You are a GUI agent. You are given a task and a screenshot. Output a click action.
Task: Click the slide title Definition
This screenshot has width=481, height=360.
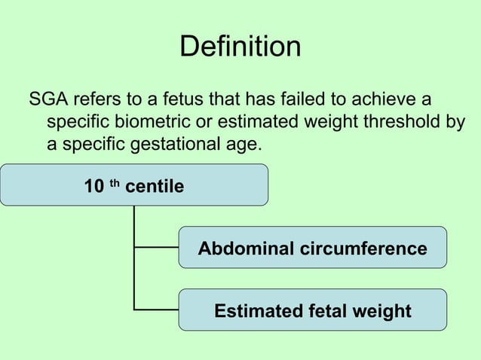(x=240, y=47)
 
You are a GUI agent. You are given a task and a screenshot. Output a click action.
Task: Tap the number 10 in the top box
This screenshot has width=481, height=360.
(x=94, y=186)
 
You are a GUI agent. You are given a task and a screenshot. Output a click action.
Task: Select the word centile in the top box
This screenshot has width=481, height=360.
(x=154, y=186)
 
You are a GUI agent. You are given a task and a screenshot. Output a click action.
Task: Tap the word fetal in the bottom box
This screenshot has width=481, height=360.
(x=322, y=311)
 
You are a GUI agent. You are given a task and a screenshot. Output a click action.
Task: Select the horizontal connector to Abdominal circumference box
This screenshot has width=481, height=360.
(x=156, y=246)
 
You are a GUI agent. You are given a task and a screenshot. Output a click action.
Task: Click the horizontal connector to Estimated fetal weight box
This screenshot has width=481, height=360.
(x=156, y=309)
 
